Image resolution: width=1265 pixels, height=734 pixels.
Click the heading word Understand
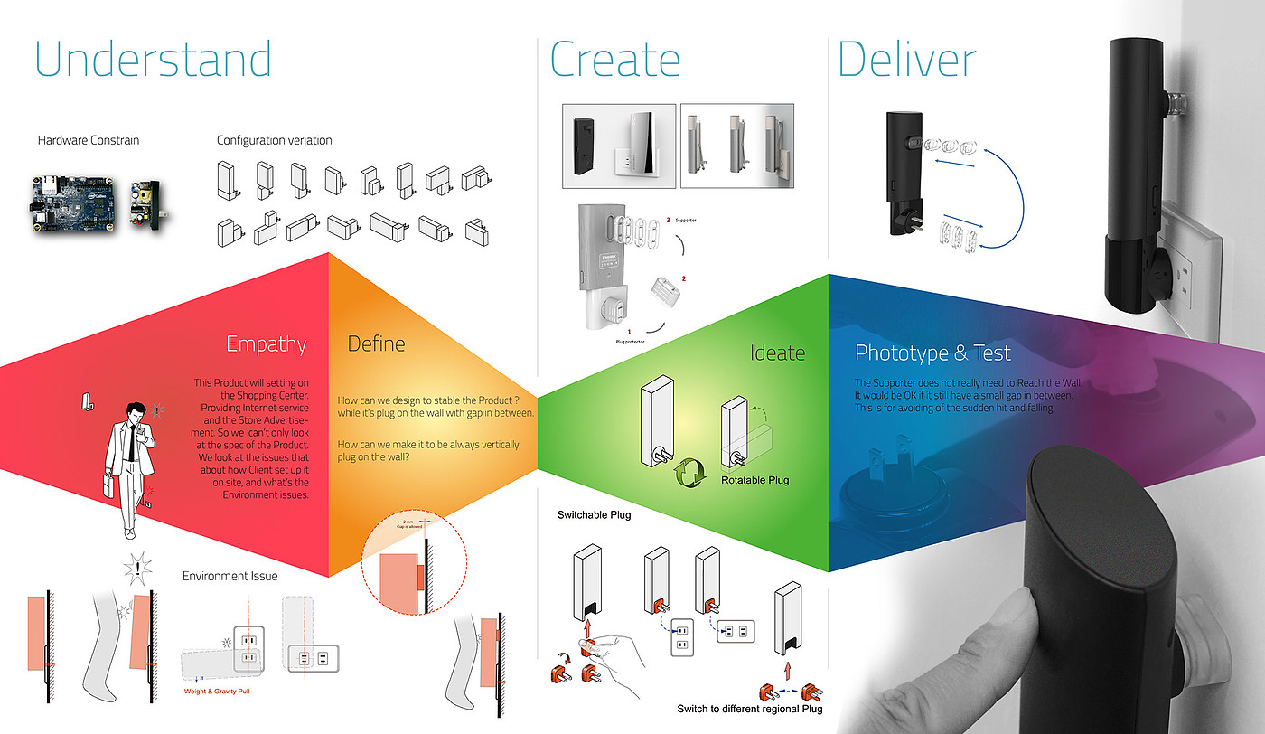point(153,60)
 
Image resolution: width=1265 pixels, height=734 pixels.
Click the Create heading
point(614,61)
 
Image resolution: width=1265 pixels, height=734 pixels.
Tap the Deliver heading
point(906,61)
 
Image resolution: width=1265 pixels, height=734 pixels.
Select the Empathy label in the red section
point(267,344)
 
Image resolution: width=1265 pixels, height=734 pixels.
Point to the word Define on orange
point(377,344)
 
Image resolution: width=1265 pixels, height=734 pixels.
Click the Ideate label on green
point(777,353)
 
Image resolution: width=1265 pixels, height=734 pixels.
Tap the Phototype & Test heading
point(932,353)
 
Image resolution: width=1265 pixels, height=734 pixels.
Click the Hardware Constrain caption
point(89,140)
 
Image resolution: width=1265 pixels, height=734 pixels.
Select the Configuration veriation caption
point(274,140)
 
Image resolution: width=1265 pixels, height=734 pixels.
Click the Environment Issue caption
point(230,576)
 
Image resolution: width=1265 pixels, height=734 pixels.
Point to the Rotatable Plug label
point(754,480)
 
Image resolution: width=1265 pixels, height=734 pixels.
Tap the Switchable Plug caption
point(594,515)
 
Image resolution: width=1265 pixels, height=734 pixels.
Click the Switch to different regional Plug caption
point(750,709)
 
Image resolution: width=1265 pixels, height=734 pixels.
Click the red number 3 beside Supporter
point(668,220)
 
